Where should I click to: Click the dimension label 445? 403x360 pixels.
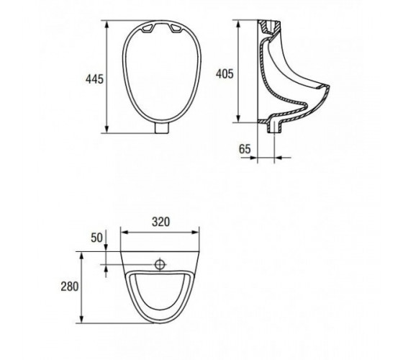pyautogui.click(x=94, y=79)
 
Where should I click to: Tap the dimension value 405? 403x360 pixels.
pyautogui.click(x=225, y=73)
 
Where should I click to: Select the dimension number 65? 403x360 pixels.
pyautogui.click(x=245, y=149)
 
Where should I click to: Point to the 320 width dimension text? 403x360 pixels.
pyautogui.click(x=161, y=222)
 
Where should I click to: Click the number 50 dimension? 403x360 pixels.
pyautogui.click(x=96, y=238)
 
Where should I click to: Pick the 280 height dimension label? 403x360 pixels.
pyautogui.click(x=69, y=287)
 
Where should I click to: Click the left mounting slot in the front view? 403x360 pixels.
pyautogui.click(x=148, y=28)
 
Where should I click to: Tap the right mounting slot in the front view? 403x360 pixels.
pyautogui.click(x=176, y=28)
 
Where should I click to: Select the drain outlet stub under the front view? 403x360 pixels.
pyautogui.click(x=162, y=128)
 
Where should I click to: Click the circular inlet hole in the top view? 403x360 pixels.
pyautogui.click(x=160, y=264)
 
